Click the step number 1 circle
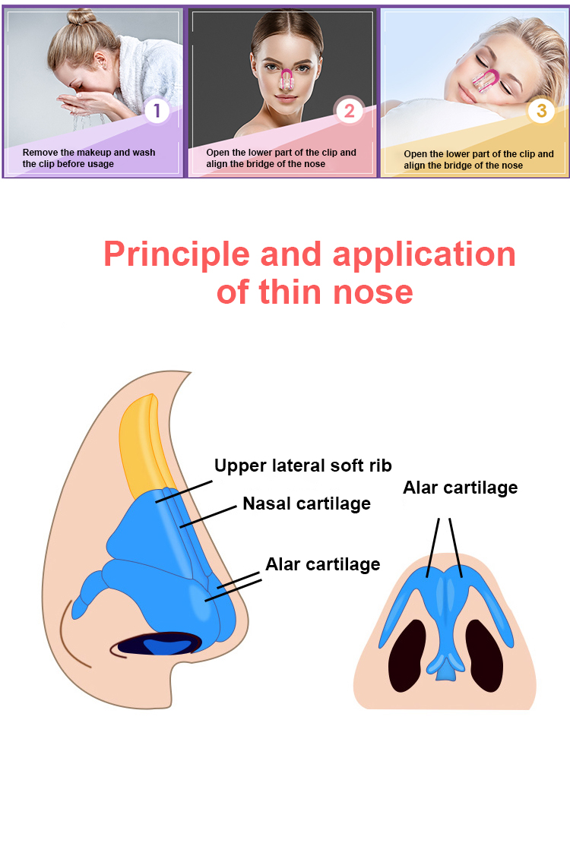tap(157, 111)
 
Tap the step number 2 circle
tap(349, 112)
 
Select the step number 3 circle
tap(541, 111)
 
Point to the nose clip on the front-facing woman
tap(287, 79)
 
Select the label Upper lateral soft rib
tap(302, 465)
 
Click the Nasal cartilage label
tap(306, 503)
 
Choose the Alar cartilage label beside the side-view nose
tap(322, 563)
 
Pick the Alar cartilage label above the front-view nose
tap(460, 487)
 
